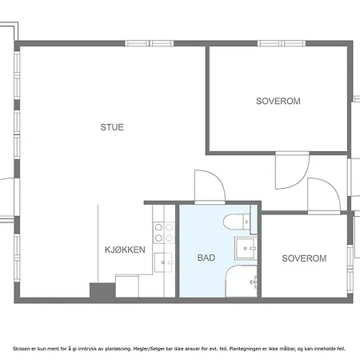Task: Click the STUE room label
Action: [x=112, y=126]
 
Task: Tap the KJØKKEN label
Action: [x=125, y=250]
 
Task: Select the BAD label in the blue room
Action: [x=206, y=258]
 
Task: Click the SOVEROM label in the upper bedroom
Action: [x=278, y=102]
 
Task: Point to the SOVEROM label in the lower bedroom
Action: [x=304, y=258]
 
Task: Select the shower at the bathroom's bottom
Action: [x=241, y=282]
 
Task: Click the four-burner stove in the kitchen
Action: [x=164, y=232]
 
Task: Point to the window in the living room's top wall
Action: [x=161, y=43]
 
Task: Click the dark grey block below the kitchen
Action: [x=102, y=292]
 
